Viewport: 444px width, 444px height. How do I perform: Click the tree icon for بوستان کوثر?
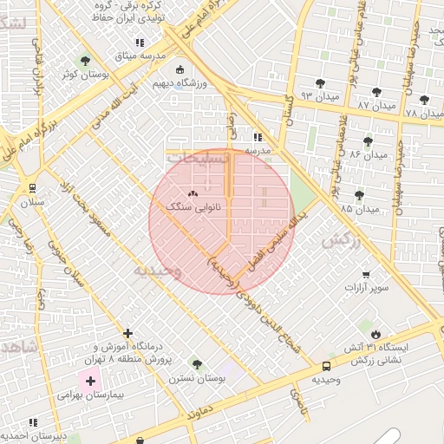coord(84,61)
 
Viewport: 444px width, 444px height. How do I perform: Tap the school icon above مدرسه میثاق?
coord(138,42)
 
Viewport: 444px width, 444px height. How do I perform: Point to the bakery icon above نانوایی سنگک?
coord(193,194)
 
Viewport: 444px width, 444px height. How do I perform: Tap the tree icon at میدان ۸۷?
coord(376,92)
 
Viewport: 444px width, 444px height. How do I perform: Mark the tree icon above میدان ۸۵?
coord(359,196)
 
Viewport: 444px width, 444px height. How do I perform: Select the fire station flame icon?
coord(375,333)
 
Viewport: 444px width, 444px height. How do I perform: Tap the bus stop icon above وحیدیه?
coord(326,367)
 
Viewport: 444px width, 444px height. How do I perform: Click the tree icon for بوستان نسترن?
coord(196,364)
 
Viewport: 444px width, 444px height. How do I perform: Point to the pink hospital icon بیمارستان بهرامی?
coord(90,380)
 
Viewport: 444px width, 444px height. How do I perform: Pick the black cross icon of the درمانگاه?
coord(128,333)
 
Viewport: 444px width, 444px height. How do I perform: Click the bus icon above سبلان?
coord(33,187)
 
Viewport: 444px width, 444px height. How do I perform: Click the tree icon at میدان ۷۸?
coord(424,101)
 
